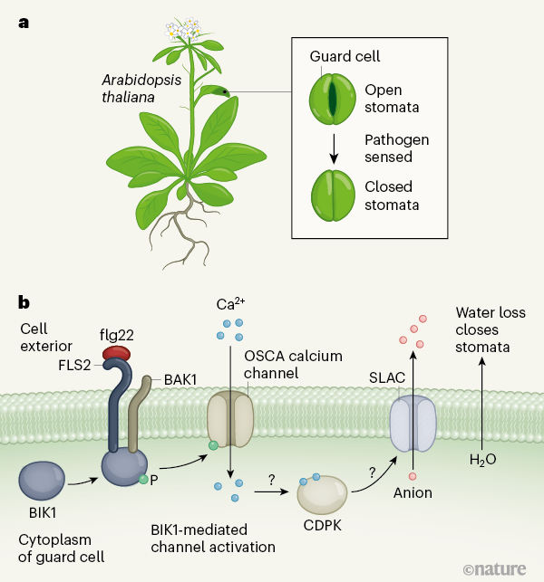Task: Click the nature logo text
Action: point(499,568)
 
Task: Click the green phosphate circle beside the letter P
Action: point(142,478)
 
